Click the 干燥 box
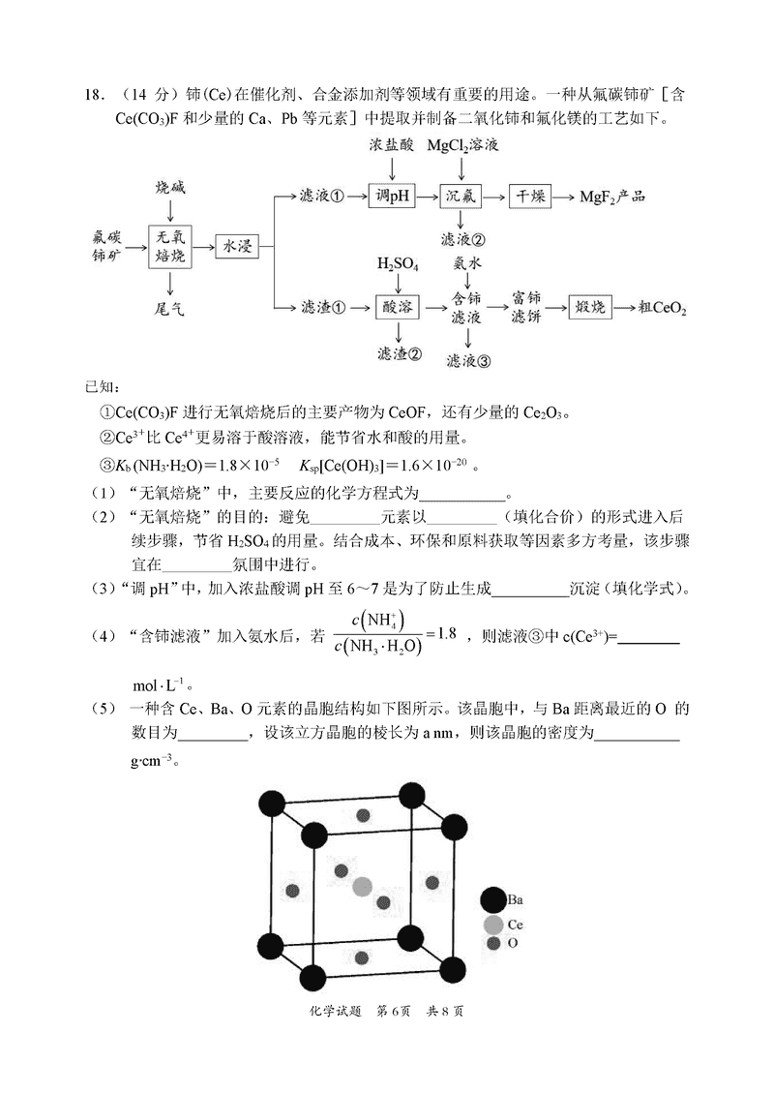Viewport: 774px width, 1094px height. [532, 197]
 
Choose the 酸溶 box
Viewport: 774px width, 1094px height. [399, 308]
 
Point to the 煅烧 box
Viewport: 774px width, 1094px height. [591, 308]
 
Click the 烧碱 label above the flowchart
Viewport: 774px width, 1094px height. [170, 186]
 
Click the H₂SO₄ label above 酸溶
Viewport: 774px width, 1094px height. [398, 263]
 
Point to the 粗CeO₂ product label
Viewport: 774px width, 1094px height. [662, 309]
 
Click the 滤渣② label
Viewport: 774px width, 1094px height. [399, 354]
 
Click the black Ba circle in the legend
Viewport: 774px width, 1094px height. [493, 900]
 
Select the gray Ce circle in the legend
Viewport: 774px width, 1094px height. [493, 925]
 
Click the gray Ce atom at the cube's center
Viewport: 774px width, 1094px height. [362, 886]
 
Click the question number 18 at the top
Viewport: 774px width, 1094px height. [94, 94]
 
